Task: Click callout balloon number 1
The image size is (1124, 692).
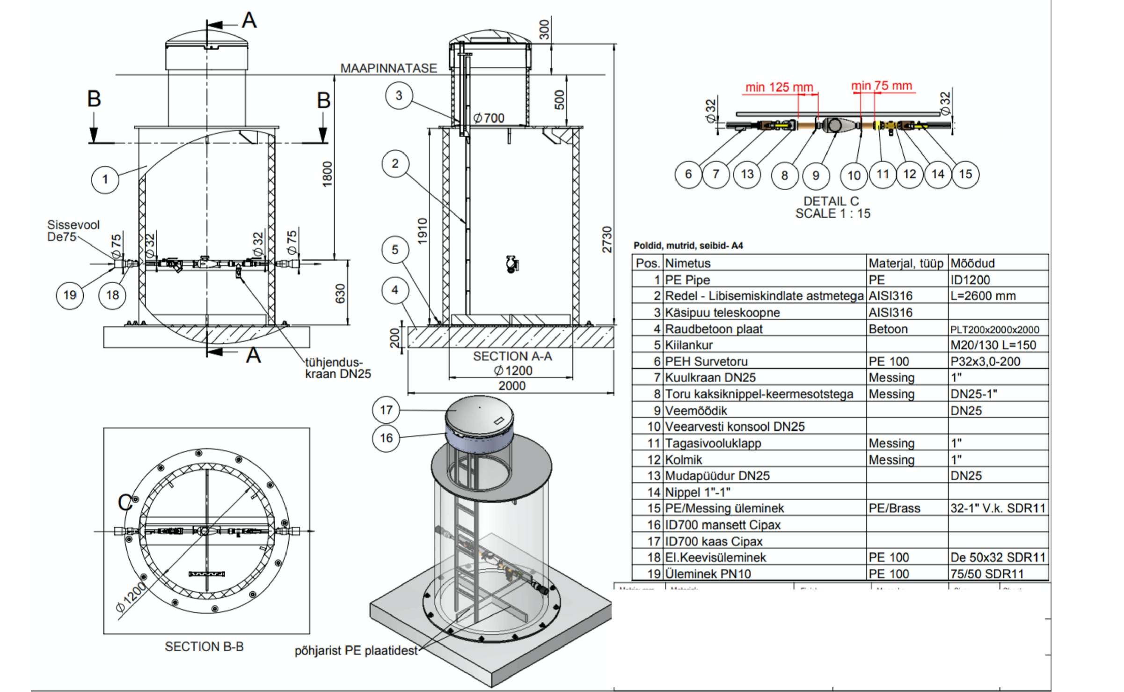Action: tap(105, 179)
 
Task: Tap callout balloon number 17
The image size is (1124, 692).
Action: tap(386, 410)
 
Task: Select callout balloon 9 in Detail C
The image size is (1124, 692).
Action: tap(816, 176)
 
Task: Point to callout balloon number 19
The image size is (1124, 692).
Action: tap(70, 295)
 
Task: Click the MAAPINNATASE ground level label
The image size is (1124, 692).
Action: tap(388, 68)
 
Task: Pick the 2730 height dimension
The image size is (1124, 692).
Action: tap(606, 240)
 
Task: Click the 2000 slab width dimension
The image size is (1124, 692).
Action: tap(512, 386)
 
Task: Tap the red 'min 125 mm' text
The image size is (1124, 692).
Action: tap(779, 87)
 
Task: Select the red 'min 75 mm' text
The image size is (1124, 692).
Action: tap(881, 86)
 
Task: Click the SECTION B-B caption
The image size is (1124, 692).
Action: tap(204, 647)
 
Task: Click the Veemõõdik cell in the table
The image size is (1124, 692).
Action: tap(696, 411)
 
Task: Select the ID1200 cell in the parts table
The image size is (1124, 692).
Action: tap(970, 280)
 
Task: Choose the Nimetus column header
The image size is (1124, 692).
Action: tap(687, 263)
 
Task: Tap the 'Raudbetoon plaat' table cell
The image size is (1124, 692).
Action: tap(714, 329)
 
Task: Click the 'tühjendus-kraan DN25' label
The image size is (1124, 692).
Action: tap(337, 368)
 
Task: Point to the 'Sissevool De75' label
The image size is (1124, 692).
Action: tap(73, 231)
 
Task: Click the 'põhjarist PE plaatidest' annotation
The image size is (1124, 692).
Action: tap(356, 651)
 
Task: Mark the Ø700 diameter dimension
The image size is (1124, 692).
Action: tap(489, 118)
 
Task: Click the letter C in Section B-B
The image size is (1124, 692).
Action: tap(124, 503)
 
